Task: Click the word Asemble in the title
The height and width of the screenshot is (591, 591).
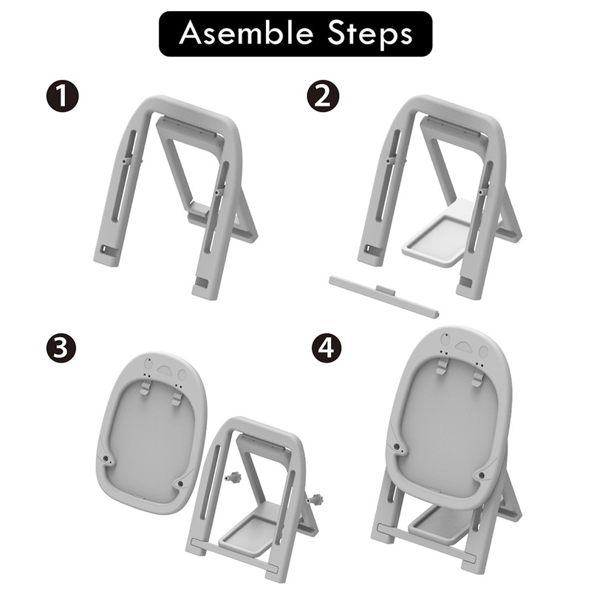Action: point(246,33)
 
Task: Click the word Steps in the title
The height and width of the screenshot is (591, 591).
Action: point(370,35)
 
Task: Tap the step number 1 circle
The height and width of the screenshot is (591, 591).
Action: point(63,97)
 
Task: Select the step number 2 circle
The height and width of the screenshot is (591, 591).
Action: point(323,97)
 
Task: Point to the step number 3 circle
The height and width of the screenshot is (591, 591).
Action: point(61,348)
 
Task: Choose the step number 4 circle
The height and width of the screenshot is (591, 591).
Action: point(327,348)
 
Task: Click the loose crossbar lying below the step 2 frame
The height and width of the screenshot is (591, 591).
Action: point(383,297)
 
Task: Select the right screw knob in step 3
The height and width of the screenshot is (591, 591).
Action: point(315,500)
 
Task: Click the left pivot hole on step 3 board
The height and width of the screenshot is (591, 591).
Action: point(106,460)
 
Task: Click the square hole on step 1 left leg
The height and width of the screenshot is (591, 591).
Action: point(104,250)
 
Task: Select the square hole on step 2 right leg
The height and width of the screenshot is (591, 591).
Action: point(466,283)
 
